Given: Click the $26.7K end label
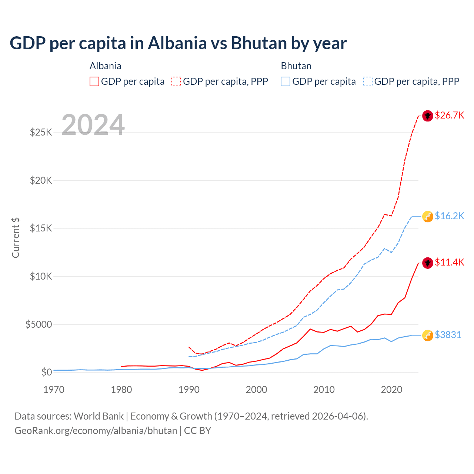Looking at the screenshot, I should (x=449, y=116).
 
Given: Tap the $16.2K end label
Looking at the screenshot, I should (x=449, y=216).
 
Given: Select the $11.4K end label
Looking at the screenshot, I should (x=449, y=263).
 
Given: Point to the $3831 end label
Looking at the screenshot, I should (x=448, y=335).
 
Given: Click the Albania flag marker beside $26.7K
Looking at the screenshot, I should (x=428, y=116).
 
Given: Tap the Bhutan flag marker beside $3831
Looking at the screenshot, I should (x=428, y=336).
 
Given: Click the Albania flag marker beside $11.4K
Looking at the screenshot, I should (x=428, y=263).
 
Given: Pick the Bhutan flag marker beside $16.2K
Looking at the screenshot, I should (x=428, y=217).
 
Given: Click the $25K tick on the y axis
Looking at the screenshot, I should (x=41, y=133).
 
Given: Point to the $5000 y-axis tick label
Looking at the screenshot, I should (x=39, y=325).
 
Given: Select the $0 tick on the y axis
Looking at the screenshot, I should (x=46, y=373).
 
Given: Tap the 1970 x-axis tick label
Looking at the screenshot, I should (x=54, y=390).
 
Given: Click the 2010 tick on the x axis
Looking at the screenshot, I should (x=324, y=390).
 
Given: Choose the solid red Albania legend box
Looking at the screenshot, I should (x=94, y=81).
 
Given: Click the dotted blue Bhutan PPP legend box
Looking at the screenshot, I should (x=368, y=81).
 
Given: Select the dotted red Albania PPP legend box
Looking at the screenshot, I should (x=177, y=81).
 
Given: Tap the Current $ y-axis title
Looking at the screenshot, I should (x=16, y=238).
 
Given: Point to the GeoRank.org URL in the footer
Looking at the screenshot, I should (x=96, y=431).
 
